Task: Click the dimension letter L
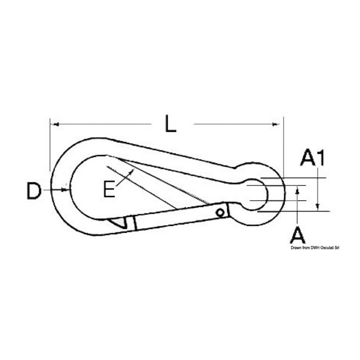tap(170, 124)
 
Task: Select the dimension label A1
tap(312, 158)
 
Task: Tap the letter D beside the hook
tap(34, 190)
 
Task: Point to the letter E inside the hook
tap(109, 189)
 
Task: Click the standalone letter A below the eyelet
tap(298, 235)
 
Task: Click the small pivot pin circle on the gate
tap(220, 213)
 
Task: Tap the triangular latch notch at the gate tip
tap(118, 222)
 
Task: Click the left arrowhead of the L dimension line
tap(55, 124)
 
